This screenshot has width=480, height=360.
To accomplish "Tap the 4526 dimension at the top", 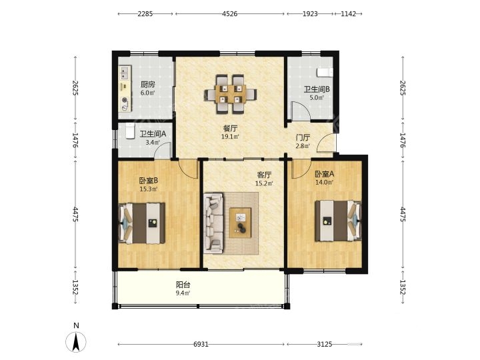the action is [x=229, y=14].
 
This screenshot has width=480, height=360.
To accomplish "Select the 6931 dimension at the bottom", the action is [x=201, y=345].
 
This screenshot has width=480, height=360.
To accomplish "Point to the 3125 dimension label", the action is [x=325, y=345].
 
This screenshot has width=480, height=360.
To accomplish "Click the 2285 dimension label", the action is [x=145, y=14].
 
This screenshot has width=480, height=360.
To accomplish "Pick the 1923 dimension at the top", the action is [x=310, y=14].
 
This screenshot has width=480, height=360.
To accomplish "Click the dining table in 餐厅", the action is [x=231, y=94].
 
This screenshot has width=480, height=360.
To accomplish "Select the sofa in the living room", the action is [x=213, y=223].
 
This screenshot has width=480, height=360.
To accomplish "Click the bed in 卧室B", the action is [x=142, y=223].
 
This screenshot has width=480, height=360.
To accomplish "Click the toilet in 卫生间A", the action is [x=130, y=131].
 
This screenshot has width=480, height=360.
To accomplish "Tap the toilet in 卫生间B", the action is [x=325, y=73].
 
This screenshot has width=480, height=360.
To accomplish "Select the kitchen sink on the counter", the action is [x=125, y=73].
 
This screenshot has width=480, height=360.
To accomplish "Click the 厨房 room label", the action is [x=148, y=85].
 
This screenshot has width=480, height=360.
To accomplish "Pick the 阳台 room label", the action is [x=183, y=285].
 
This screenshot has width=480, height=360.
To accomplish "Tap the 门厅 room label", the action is [x=303, y=138].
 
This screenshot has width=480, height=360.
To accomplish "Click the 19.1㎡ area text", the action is [x=230, y=137].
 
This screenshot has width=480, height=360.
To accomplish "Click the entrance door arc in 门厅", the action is [x=325, y=142].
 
